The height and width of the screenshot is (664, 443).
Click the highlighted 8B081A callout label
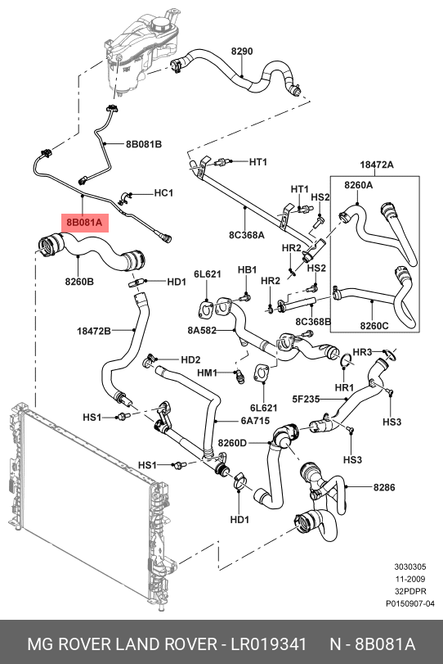click(x=85, y=223)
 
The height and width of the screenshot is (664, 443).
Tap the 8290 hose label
click(x=242, y=52)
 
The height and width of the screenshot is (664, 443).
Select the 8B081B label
click(x=144, y=144)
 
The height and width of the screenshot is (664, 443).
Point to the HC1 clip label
click(x=163, y=193)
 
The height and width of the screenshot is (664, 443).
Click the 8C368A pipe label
click(x=247, y=235)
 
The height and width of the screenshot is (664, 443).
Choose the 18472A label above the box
click(x=377, y=165)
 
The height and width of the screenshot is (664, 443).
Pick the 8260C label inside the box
click(x=374, y=326)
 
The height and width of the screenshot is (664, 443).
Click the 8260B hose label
click(x=79, y=281)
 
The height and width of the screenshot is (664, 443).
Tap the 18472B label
click(x=94, y=330)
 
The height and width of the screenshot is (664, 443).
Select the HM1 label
click(x=207, y=373)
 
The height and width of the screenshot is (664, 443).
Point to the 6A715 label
click(x=255, y=422)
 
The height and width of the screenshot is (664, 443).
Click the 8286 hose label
click(x=384, y=487)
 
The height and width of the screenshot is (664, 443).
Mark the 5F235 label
click(x=306, y=399)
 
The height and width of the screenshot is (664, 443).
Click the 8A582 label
click(x=202, y=330)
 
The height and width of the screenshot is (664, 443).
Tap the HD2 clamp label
click(x=190, y=360)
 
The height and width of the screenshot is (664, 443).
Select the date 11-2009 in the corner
click(x=410, y=579)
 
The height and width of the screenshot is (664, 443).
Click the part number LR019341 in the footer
click(x=268, y=644)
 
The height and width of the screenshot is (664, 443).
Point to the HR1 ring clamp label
click(x=344, y=387)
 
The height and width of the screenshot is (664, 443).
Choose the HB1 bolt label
click(x=248, y=269)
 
